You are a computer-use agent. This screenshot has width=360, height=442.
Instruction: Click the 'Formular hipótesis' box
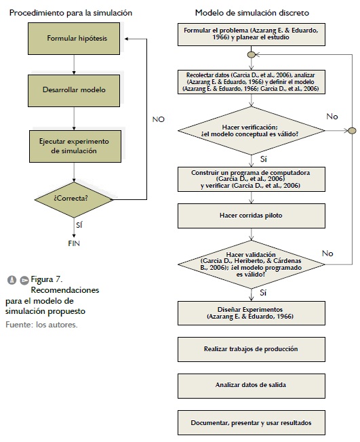point(74,39)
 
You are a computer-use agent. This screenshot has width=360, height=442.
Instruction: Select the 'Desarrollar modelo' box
point(74,90)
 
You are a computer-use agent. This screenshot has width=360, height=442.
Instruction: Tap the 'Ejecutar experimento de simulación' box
point(75,146)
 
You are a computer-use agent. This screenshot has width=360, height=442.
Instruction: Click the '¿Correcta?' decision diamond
point(74,199)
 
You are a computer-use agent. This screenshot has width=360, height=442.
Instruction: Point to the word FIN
point(74,243)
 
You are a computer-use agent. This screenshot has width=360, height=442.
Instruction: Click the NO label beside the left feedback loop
point(158,119)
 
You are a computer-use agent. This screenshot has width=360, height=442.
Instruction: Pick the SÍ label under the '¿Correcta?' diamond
point(79,224)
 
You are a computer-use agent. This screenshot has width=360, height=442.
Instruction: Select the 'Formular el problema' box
point(251,35)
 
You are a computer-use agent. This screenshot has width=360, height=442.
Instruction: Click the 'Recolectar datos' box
point(251,82)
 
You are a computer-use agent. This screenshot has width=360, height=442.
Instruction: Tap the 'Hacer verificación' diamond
point(251,131)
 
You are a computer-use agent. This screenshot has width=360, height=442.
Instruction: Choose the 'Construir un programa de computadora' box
point(251,179)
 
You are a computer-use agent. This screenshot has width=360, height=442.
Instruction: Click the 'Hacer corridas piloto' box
point(251,216)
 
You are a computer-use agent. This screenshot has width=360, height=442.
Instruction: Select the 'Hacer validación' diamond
point(251,264)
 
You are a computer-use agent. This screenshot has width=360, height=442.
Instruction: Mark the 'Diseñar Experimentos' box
point(251,313)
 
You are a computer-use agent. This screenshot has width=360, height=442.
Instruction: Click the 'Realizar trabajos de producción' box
point(251,349)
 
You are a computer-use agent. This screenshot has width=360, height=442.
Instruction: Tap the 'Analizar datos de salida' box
point(251,386)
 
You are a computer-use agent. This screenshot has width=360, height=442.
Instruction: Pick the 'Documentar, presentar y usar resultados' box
point(251,422)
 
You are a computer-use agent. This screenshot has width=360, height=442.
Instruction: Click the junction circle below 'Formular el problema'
point(251,54)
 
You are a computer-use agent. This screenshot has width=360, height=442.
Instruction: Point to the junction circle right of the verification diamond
point(352,131)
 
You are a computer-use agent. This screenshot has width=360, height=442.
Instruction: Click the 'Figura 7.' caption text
point(47,279)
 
